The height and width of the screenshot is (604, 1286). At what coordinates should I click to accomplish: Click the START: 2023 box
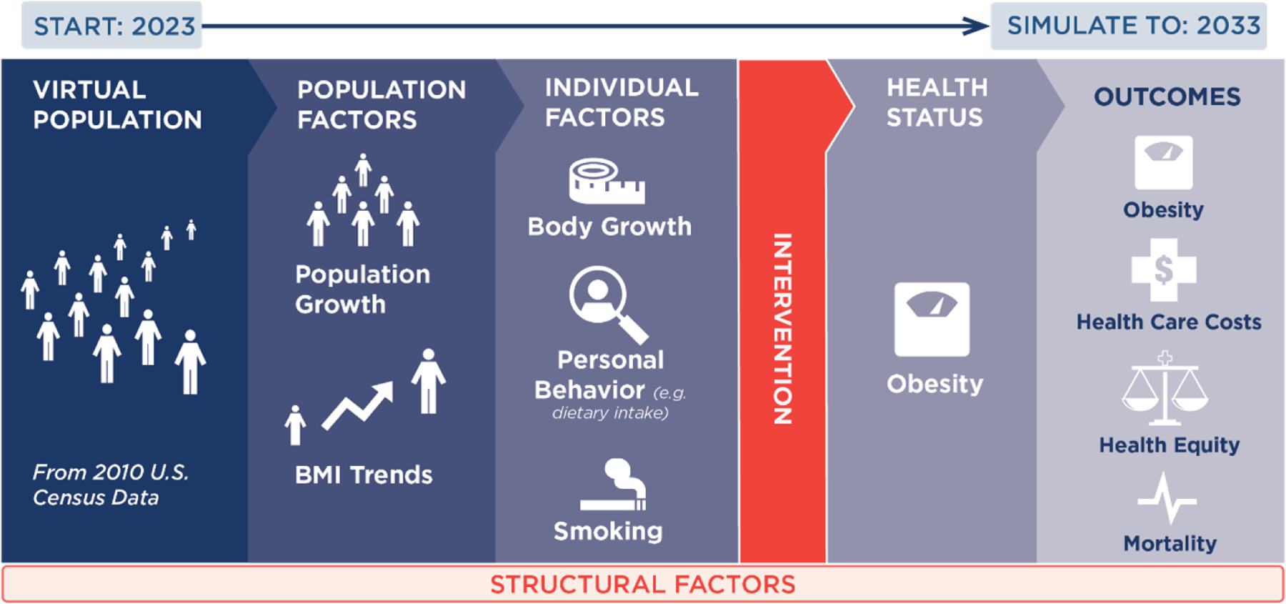111,26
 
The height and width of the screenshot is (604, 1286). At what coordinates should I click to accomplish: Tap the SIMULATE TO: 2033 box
1129,26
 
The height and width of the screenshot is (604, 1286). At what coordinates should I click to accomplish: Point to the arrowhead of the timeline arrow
976,26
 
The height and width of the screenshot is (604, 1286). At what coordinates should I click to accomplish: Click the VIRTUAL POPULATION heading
118,104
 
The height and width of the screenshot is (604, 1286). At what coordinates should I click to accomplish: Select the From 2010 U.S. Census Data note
111,485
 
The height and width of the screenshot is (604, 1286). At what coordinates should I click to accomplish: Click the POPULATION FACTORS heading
382,104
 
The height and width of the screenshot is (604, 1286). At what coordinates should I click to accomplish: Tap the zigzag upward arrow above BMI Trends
357,405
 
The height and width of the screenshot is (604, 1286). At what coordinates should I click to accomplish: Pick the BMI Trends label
364,475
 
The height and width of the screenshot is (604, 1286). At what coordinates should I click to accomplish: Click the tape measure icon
607,181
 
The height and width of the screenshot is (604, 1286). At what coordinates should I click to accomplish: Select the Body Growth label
609,227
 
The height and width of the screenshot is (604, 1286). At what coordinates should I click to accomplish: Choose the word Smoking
608,531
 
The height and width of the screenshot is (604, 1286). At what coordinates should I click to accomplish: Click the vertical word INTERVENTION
783,329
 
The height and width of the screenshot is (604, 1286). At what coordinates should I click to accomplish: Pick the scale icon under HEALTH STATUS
932,319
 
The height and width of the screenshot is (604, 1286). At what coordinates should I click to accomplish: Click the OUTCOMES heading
1167,96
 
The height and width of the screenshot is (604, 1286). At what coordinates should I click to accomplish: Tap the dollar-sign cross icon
1164,270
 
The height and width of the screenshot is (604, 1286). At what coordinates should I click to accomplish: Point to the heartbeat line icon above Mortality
1167,498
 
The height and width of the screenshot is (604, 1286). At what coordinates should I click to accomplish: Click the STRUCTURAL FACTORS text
643,585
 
